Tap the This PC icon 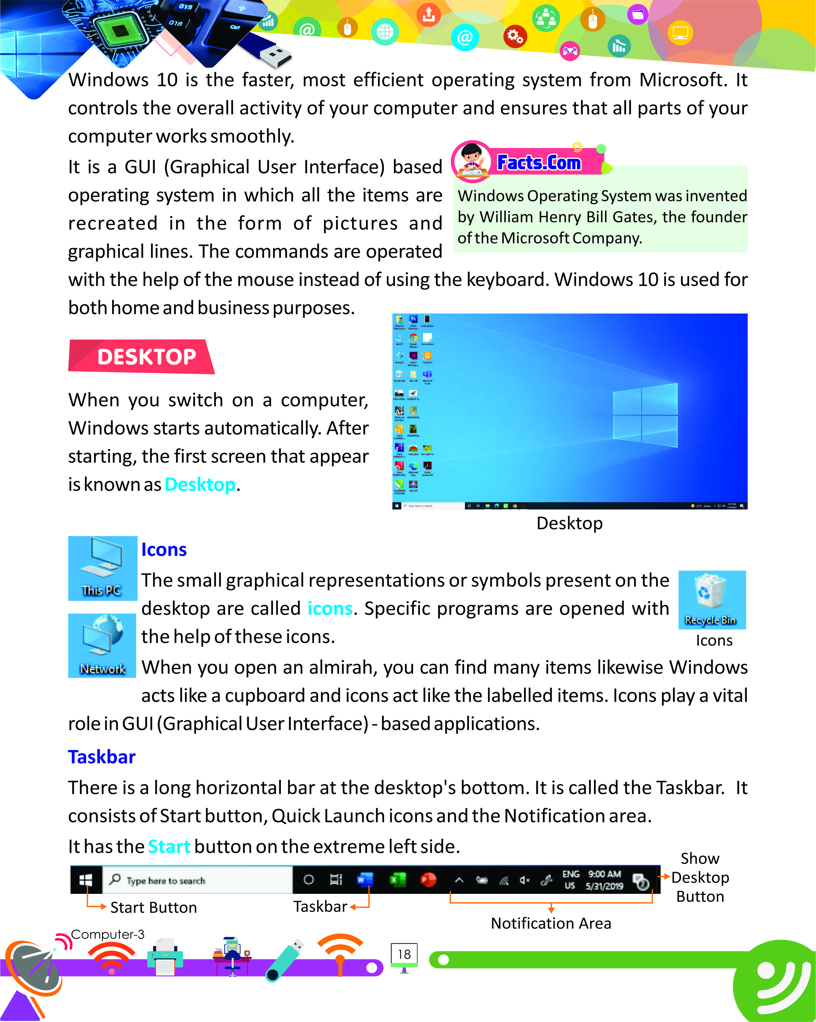(x=102, y=568)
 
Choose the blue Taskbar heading (x=102, y=757)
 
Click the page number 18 (x=404, y=954)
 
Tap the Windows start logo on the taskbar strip (x=86, y=880)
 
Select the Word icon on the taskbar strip (x=365, y=880)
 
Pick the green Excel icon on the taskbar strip (x=397, y=880)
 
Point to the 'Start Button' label (x=153, y=907)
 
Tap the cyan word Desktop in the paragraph (x=200, y=484)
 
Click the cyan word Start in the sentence (x=169, y=847)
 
